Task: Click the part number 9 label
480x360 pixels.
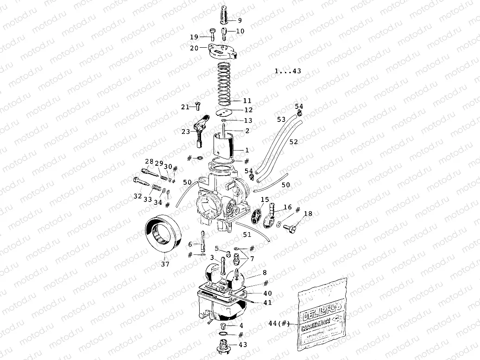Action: pos(240,20)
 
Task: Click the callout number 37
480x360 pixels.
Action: pos(165,264)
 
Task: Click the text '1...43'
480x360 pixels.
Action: pos(288,71)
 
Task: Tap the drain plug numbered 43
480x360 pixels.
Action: pos(223,345)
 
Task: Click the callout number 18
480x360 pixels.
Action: pos(308,214)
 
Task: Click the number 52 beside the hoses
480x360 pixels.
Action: pos(294,141)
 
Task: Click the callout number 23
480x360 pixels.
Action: pos(185,132)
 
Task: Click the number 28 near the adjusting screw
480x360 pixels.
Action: pos(149,161)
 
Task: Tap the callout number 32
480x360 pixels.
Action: pos(138,196)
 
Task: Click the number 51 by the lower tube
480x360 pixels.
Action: pos(247,235)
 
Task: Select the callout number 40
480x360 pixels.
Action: pos(268,293)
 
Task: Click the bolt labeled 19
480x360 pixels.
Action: pos(213,35)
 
